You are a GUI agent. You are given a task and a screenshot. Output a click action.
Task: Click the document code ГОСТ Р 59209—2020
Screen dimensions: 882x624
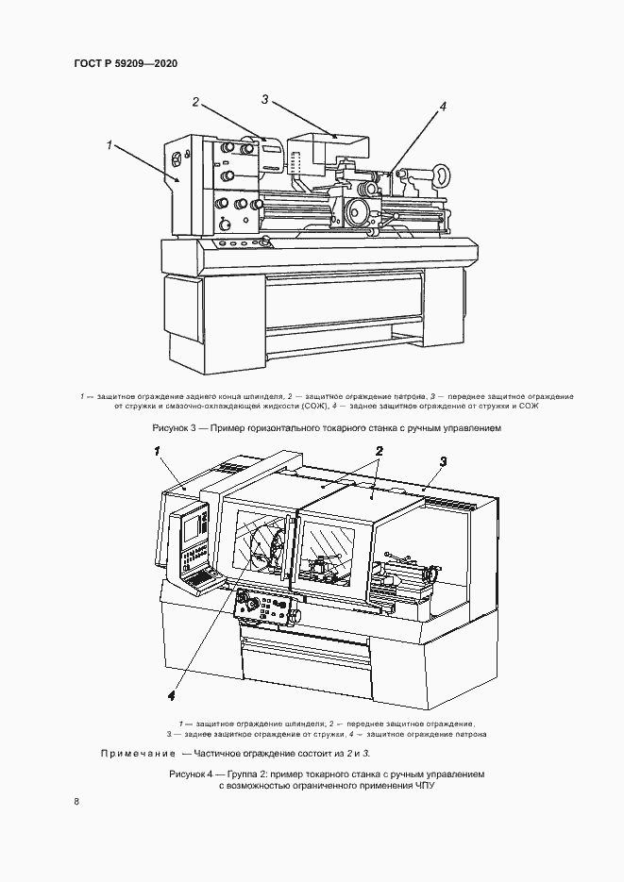tap(125, 64)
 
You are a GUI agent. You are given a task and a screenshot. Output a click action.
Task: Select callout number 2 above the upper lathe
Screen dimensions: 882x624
tap(194, 103)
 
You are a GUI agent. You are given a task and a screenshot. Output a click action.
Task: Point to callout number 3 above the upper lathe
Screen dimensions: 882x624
tap(265, 99)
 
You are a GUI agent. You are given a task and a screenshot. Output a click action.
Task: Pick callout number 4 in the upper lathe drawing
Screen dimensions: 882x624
tap(442, 107)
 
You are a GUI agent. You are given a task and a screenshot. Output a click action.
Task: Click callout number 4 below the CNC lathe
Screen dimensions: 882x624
tap(171, 696)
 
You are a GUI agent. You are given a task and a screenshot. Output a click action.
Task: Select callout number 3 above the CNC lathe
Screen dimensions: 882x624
tap(442, 459)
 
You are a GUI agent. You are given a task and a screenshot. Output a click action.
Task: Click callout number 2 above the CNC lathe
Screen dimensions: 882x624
tap(378, 452)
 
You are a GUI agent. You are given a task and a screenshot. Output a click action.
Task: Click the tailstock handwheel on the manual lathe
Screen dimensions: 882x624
tap(439, 175)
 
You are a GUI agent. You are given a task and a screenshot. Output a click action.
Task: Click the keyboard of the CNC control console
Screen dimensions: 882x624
tap(202, 574)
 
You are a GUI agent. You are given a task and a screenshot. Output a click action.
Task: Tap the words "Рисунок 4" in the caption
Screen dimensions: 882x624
tap(190, 774)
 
